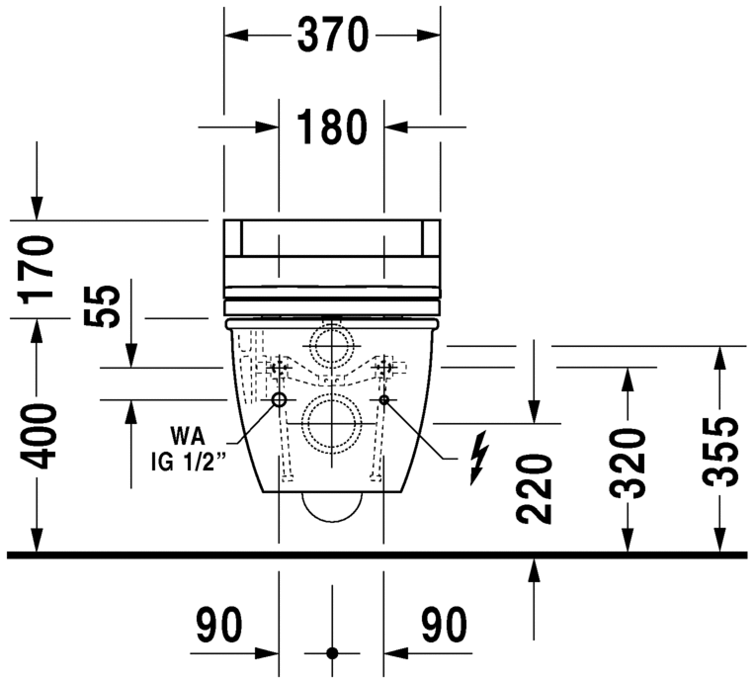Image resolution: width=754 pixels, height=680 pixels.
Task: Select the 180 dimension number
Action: pos(332,127)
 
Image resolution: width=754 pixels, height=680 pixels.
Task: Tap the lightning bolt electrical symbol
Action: pos(479,457)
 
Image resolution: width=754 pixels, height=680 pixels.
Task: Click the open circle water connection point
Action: pos(279,400)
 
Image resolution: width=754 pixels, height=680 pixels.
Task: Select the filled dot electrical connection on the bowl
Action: pos(385,400)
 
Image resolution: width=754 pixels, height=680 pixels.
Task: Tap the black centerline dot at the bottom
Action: pos(332,653)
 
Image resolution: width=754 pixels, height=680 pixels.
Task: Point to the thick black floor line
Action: pos(376,554)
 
